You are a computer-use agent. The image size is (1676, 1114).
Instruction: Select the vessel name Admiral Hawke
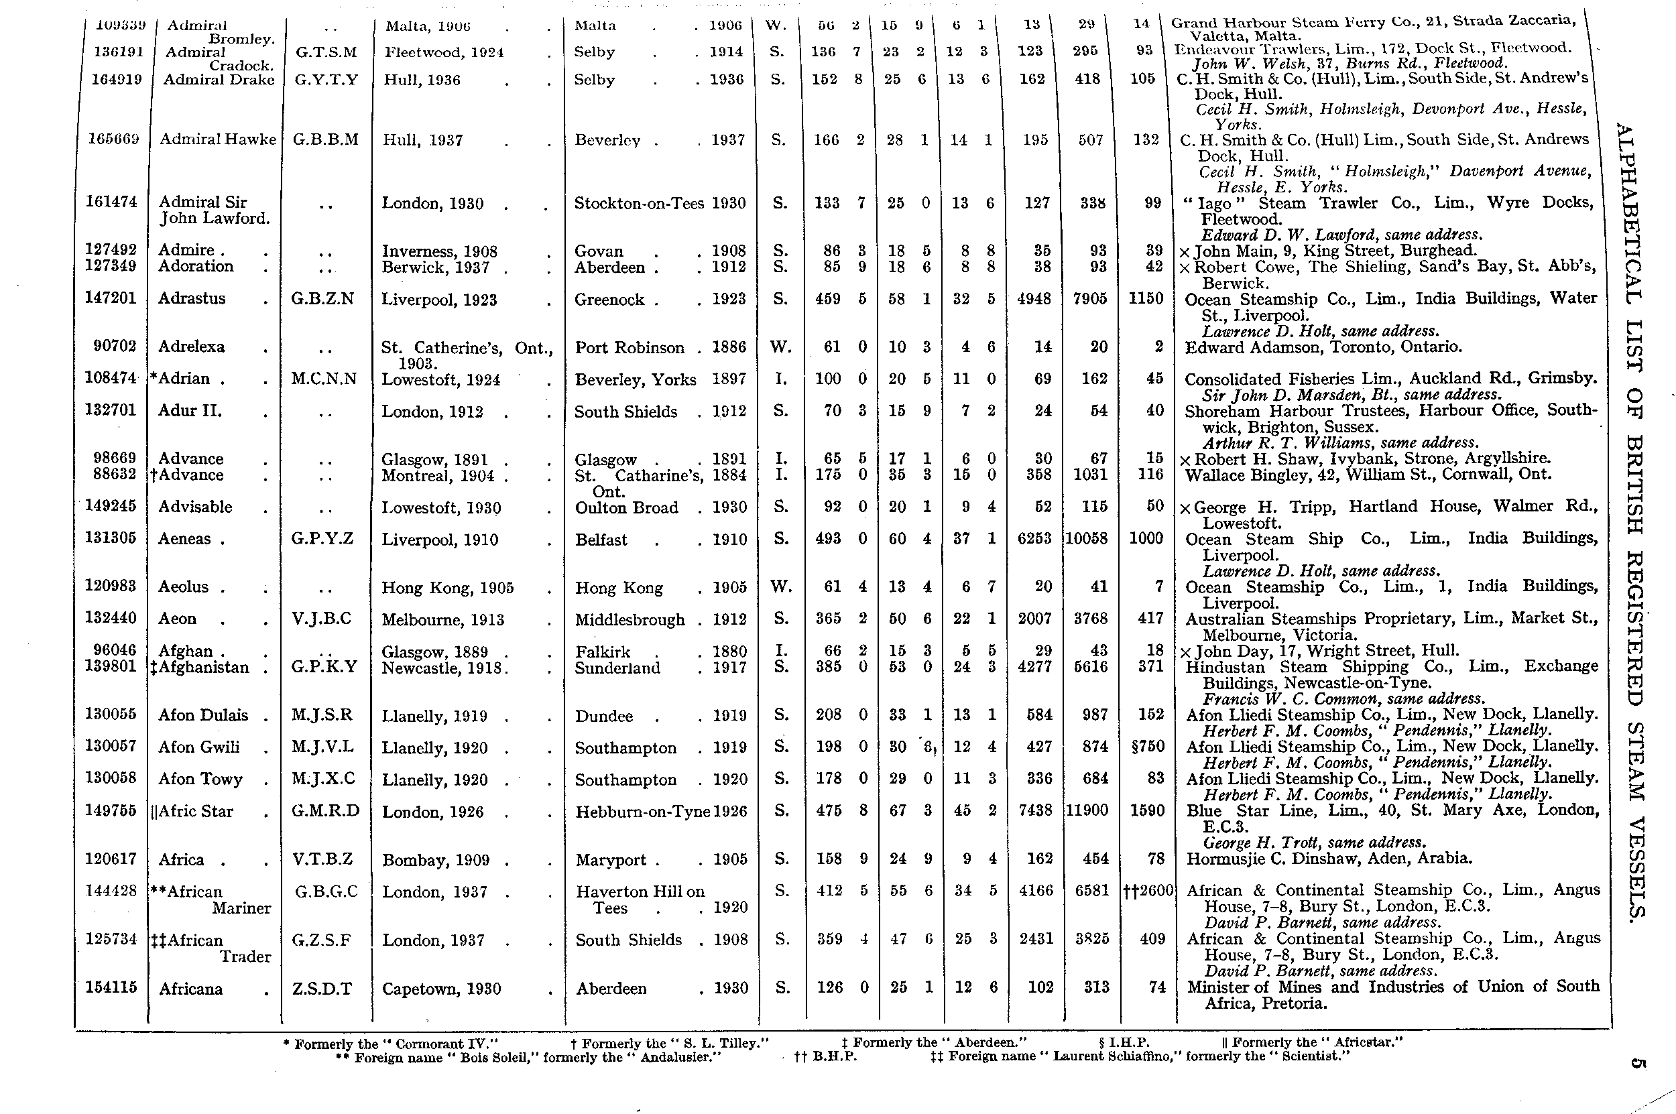click(x=217, y=140)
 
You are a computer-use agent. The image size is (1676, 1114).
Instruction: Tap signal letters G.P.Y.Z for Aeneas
click(x=322, y=538)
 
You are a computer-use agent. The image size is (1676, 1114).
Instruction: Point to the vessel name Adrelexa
click(x=191, y=347)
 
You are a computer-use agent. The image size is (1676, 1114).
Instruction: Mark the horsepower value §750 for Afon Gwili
click(x=1146, y=747)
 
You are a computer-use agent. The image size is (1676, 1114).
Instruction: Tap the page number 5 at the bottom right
click(x=1637, y=1064)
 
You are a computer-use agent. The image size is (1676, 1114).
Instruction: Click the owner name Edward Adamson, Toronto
click(x=1323, y=347)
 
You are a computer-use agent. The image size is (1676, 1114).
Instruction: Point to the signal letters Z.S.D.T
click(x=322, y=989)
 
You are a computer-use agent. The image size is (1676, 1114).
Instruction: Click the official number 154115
click(x=110, y=987)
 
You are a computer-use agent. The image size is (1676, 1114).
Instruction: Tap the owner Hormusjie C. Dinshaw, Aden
click(x=1329, y=858)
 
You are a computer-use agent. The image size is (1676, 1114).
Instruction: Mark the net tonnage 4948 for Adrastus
click(x=1034, y=298)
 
